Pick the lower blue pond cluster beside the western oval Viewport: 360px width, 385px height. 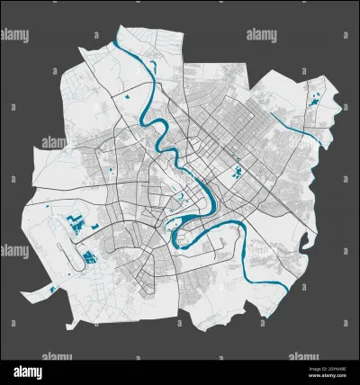click(89, 259)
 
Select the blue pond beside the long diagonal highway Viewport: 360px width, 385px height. click(238, 171)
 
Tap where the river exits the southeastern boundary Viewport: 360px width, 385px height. click(286, 290)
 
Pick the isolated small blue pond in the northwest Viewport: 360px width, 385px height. click(127, 94)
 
